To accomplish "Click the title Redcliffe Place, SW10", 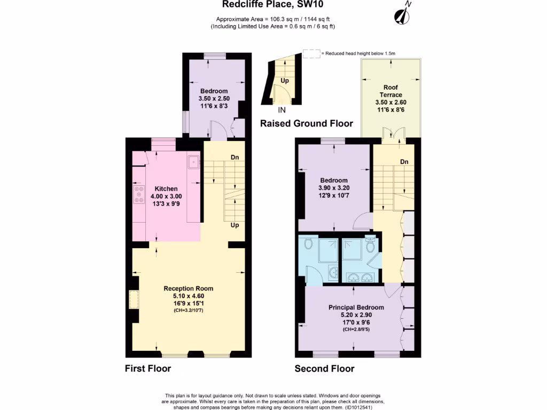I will [x=273, y=5].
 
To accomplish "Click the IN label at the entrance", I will [x=282, y=111].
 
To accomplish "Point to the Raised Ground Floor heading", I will [x=306, y=123].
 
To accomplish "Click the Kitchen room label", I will [x=166, y=189].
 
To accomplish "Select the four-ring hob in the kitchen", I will [x=139, y=194].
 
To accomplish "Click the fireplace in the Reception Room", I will [x=133, y=299].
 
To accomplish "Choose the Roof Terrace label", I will [x=390, y=91].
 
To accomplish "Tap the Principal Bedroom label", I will [x=356, y=307].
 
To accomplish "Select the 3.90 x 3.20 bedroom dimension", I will [x=334, y=188].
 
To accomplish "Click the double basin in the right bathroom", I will [x=360, y=277].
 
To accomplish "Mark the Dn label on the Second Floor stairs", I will [x=404, y=162].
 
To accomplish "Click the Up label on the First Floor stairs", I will [x=234, y=225].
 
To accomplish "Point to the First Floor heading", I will [x=148, y=368].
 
